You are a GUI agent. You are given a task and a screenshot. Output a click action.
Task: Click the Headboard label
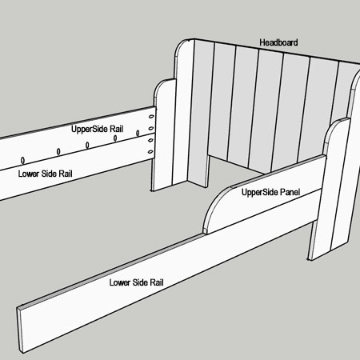[x=278, y=42]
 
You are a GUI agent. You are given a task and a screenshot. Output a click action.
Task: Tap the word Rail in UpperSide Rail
[x=116, y=129]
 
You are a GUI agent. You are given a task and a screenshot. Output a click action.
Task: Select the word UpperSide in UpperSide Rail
[x=89, y=130]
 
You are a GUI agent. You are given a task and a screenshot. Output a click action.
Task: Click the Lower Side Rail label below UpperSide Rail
[x=46, y=174]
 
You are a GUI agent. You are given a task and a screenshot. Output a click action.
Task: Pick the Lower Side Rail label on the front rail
[x=137, y=282]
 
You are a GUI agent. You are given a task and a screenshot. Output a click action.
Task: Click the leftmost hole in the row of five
[x=23, y=160]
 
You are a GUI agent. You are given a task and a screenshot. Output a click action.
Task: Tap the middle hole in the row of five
[x=87, y=146]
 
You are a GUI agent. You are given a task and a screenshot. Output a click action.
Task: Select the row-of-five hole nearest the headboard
[x=138, y=133]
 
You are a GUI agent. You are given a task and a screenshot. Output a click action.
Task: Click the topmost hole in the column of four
[x=151, y=117]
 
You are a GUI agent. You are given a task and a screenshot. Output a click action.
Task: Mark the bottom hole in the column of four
[x=150, y=152]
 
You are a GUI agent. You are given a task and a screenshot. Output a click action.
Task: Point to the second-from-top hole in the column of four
[x=151, y=129]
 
